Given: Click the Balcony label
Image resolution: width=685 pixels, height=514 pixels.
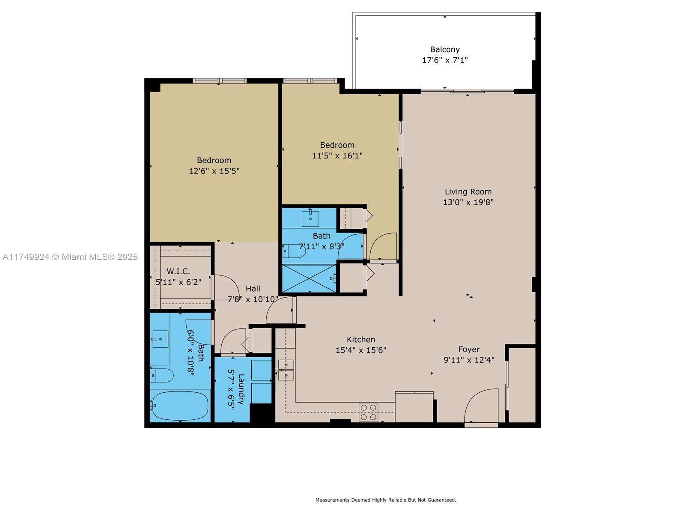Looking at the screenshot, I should click(x=445, y=50).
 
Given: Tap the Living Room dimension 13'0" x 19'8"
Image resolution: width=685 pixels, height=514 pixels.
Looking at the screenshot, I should click(x=468, y=202).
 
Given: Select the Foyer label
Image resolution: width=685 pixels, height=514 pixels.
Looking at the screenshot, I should click(x=469, y=350).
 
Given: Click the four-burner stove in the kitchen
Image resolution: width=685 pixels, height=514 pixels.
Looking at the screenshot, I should click(x=368, y=412).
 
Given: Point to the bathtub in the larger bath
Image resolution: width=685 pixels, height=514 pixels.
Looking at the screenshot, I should click(x=180, y=406).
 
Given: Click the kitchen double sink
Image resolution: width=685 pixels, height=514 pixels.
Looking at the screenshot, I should click(x=286, y=370).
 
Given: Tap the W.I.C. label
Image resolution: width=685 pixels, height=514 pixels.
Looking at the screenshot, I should click(x=178, y=272).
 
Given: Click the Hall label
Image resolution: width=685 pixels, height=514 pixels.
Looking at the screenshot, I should click(x=253, y=289).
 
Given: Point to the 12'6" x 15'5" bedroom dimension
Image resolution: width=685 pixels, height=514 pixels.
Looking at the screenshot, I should click(x=214, y=171).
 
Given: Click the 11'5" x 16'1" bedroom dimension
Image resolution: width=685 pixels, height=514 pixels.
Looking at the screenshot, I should click(x=337, y=155).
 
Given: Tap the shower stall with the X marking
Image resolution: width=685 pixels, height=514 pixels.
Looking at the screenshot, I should click(x=309, y=278).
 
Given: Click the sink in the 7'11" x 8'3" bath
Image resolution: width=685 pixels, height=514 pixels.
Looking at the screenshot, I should click(x=310, y=218).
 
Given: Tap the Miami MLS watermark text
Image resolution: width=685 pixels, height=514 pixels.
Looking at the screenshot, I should click(x=70, y=257).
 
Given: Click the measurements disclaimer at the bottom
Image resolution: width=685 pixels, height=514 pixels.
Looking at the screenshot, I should click(x=386, y=500).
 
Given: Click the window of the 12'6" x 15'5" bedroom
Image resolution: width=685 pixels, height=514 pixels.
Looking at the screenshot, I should click(x=219, y=81).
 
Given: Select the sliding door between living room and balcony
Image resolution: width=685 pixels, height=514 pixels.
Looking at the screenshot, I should click(x=467, y=91).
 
